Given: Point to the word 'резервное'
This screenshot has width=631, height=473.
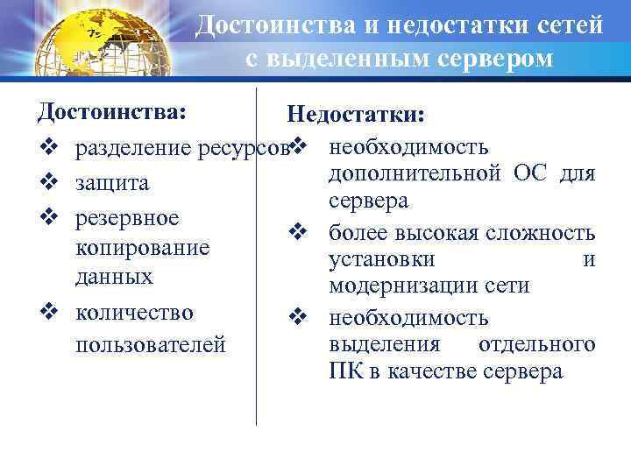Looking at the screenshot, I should pos(128,217).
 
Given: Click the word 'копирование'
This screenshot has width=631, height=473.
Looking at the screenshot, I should pos(143,248).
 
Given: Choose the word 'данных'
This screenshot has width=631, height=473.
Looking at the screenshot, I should pos(115,277).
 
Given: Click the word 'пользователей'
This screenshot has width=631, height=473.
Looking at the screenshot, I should pos(151,344).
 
